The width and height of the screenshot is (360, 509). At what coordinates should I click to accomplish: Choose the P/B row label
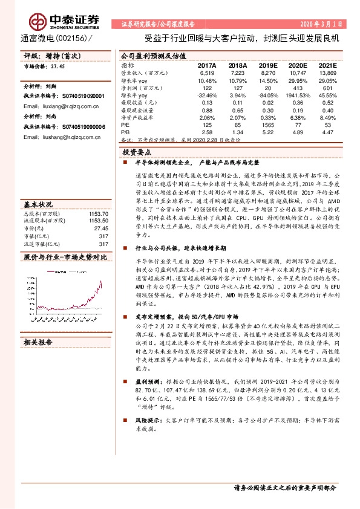125,131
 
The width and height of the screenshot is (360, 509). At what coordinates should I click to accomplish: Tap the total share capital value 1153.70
99,196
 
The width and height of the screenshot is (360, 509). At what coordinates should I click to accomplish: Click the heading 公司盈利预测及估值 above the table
148,55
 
